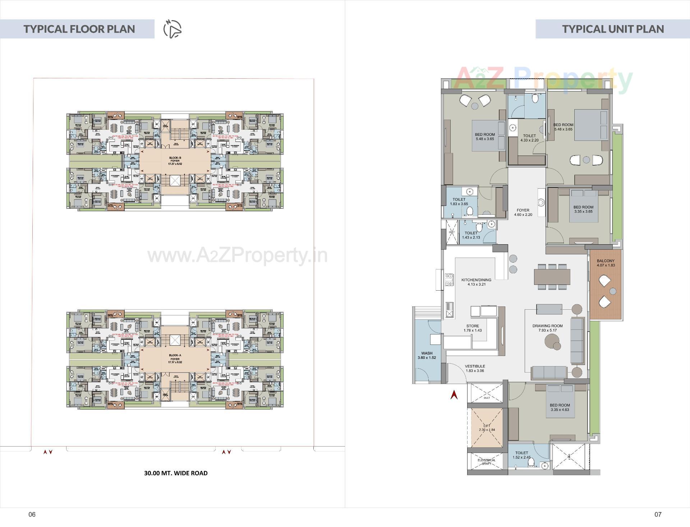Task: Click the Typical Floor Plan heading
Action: point(79,29)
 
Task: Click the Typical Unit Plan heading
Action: point(613,29)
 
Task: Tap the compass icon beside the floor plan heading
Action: point(172,29)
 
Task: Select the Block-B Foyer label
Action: point(175,161)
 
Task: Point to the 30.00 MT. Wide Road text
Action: point(176,473)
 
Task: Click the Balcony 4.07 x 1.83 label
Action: point(606,263)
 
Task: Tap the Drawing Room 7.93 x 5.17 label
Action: point(547,328)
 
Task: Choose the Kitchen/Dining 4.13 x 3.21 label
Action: point(476,282)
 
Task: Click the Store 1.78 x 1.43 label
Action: point(473,328)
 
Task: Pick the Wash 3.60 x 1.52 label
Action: point(427,355)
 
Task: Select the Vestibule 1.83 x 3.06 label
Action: point(475,368)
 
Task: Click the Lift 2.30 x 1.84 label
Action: point(487,427)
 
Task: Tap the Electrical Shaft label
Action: point(486,462)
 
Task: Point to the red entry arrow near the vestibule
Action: point(454,395)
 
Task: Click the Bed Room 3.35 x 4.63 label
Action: point(560,407)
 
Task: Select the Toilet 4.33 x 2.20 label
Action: point(529,138)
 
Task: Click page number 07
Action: point(658,514)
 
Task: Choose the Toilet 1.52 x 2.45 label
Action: point(521,455)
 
